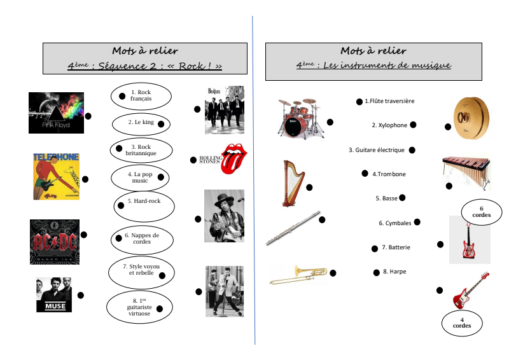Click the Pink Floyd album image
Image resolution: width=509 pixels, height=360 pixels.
click(56, 113)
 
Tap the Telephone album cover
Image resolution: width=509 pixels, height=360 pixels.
click(56, 176)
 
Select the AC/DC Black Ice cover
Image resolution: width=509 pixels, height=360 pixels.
click(55, 242)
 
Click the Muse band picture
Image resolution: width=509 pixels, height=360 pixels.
click(55, 294)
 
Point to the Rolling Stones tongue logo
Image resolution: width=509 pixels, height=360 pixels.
click(233, 159)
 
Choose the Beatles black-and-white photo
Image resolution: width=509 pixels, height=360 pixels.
click(224, 109)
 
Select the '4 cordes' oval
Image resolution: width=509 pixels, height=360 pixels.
click(462, 322)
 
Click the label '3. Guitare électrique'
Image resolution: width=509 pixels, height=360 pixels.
click(377, 150)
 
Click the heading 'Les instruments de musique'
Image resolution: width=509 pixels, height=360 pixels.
click(373, 65)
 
